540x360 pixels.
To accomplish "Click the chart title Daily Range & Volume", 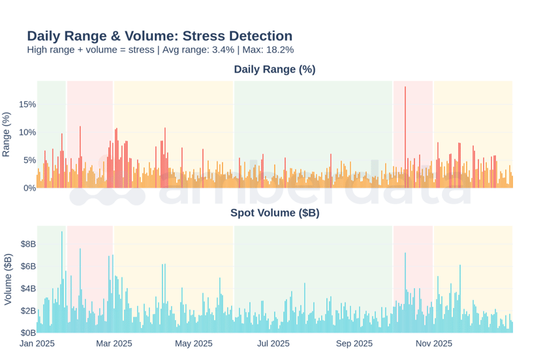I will pos(159,36).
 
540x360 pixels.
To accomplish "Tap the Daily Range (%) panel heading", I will pos(274,69).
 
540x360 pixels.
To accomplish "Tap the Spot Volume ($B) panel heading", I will pos(274,213).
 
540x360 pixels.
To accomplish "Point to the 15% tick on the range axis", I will pos(27,105).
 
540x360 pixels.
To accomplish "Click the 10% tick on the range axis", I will pos(27,132).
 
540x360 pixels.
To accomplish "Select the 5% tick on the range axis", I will pos(29,160).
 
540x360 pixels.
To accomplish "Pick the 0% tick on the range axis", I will pos(29,188).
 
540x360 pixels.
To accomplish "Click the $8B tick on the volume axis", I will pos(28,244).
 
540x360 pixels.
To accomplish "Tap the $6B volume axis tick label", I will pos(28,266).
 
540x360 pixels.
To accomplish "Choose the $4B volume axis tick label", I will pos(28,288).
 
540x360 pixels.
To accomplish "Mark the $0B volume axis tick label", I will pos(28,332).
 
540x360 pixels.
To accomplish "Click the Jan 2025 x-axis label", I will pos(37,344).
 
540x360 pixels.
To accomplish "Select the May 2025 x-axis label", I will pos(193,344).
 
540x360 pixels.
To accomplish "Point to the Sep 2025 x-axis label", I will pos(354,344).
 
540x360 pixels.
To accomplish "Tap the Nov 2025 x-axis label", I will pos(434,344).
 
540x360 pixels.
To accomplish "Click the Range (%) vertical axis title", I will pos(7,135).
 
